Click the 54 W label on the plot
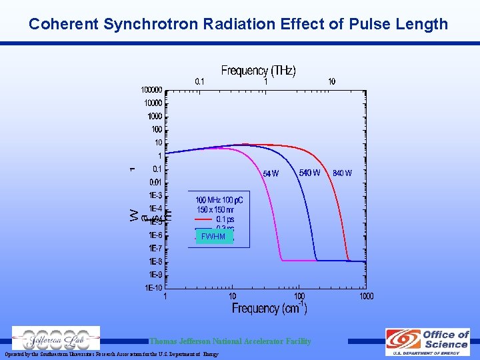(x=271, y=173)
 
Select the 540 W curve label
(x=309, y=173)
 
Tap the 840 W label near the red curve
(x=342, y=173)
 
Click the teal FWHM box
(x=214, y=237)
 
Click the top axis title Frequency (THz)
(x=258, y=71)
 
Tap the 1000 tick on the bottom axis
(x=367, y=296)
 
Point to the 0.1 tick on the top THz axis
(x=199, y=81)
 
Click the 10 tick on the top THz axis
(x=331, y=81)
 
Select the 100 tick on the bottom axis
(x=299, y=296)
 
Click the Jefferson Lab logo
(x=56, y=339)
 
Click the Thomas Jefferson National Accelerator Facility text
(x=230, y=341)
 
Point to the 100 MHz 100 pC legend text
(x=219, y=200)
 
